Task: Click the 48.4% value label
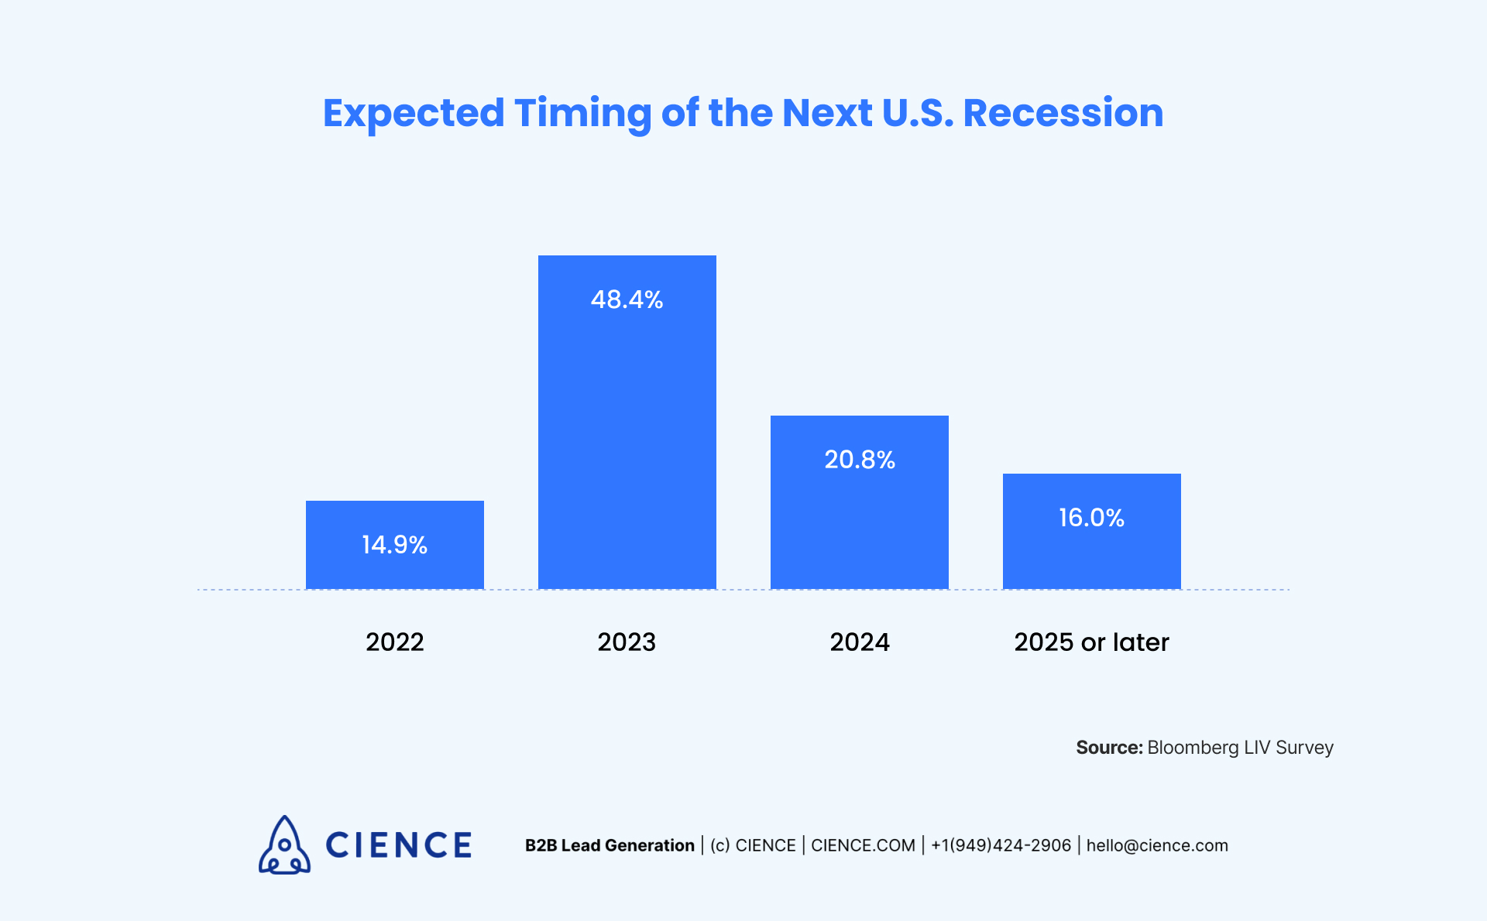(627, 300)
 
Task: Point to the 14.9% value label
(394, 545)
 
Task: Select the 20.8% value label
(859, 460)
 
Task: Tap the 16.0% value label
(1091, 518)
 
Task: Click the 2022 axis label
(394, 642)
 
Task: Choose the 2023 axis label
(627, 642)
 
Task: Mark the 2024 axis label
(859, 642)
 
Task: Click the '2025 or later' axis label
(1091, 642)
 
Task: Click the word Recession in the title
(1063, 113)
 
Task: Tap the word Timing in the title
(582, 113)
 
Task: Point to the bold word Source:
(1109, 748)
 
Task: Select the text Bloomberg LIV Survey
(1240, 748)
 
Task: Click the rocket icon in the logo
(284, 845)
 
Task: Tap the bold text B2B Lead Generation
(610, 846)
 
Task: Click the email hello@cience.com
(1157, 846)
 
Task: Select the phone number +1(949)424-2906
(1001, 846)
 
